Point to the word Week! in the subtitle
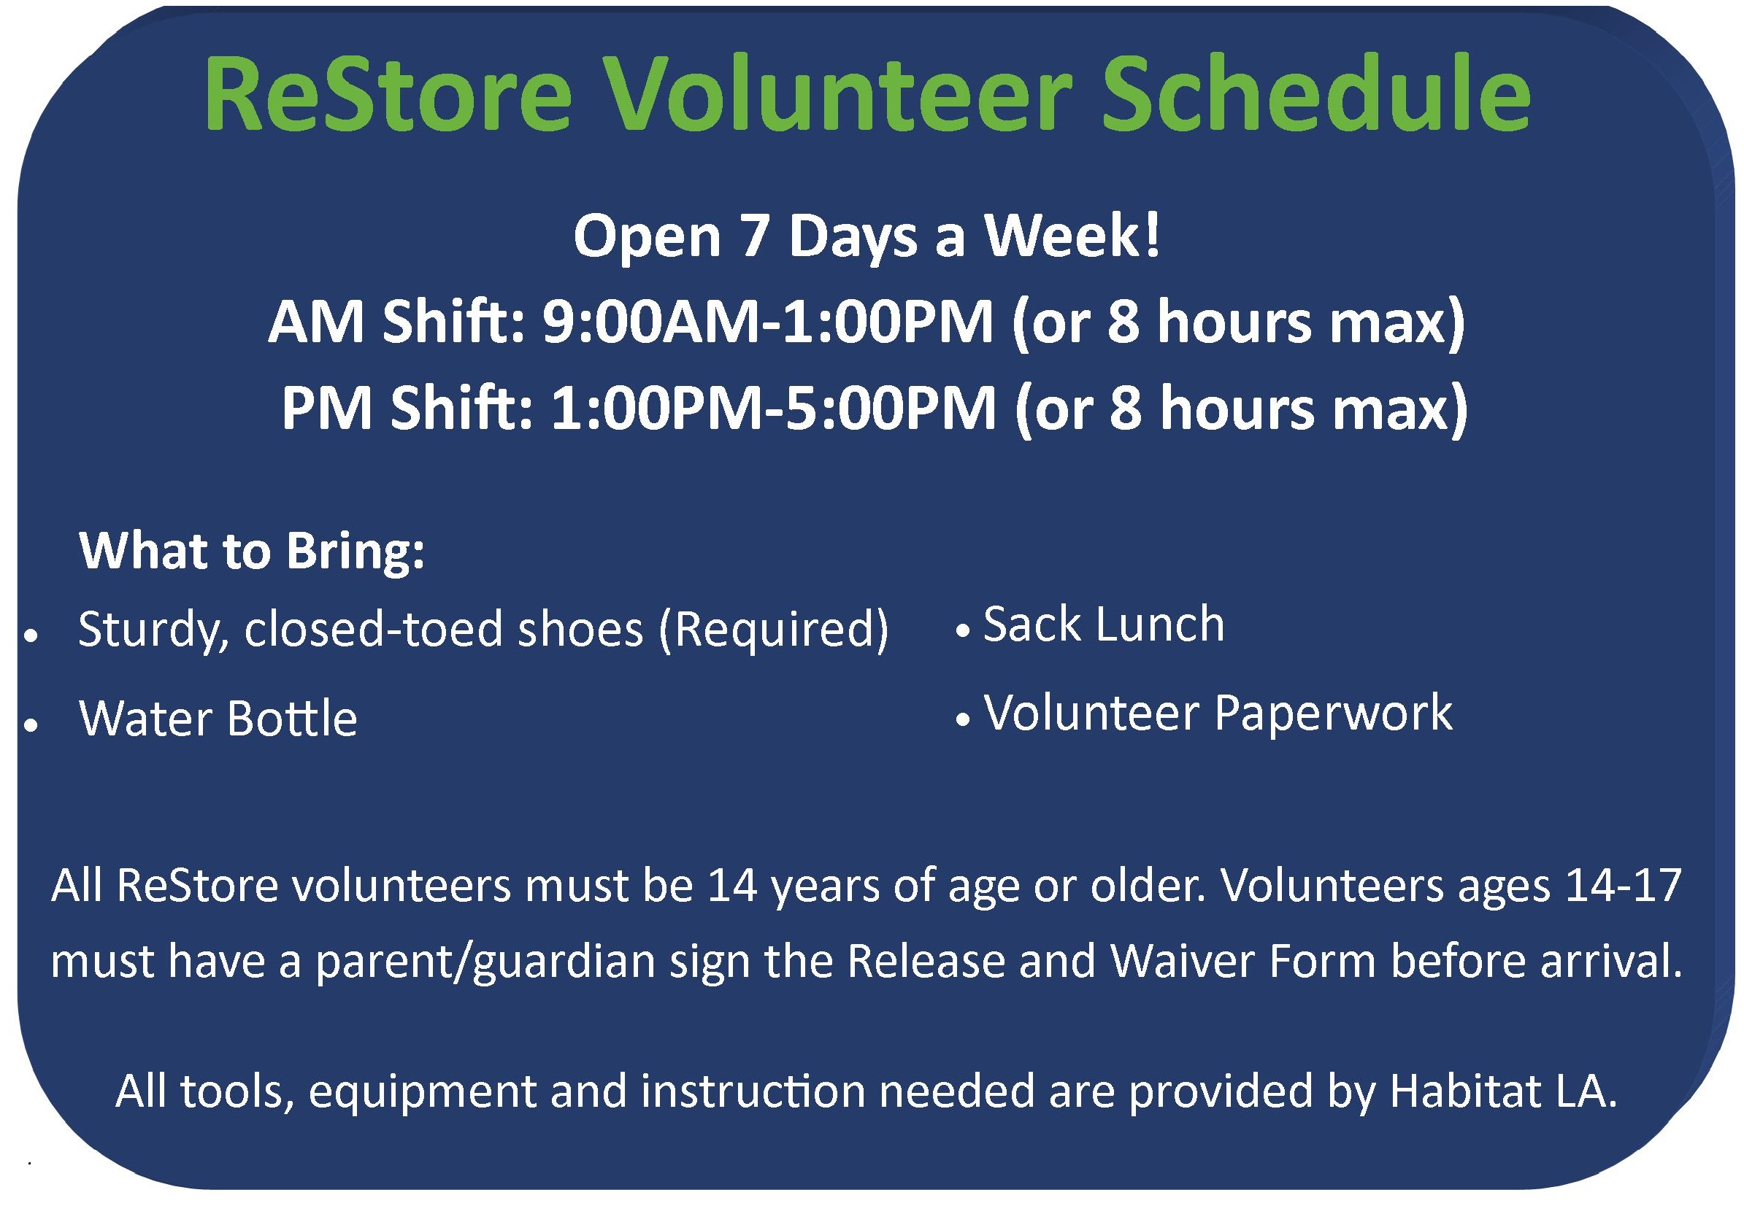coord(1071,236)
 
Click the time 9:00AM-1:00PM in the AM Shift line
coord(767,323)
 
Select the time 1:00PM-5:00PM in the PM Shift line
coord(773,409)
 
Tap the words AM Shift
coord(396,322)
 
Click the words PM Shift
coord(407,408)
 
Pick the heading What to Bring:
coord(252,552)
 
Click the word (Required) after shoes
coord(773,630)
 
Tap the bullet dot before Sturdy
coord(31,637)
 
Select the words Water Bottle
coord(218,718)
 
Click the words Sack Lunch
coord(1104,625)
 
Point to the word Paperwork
coord(1333,715)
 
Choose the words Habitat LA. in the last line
coord(1504,1092)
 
